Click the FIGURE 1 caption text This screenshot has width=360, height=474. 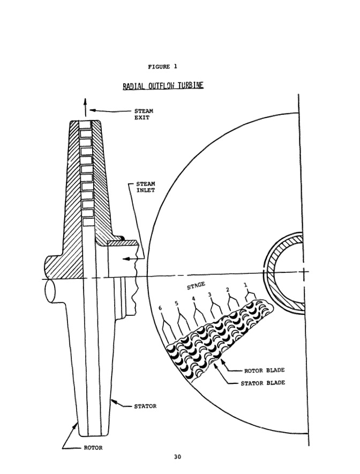(x=162, y=67)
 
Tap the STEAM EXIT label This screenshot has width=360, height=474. (x=144, y=114)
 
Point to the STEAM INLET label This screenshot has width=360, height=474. (x=145, y=187)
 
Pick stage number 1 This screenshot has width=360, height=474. (x=246, y=286)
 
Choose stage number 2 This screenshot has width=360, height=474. (x=228, y=290)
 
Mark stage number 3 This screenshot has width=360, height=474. (x=209, y=294)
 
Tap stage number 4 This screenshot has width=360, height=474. (x=193, y=299)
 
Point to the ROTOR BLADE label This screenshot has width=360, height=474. (x=264, y=370)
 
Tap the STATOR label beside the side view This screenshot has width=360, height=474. (x=145, y=406)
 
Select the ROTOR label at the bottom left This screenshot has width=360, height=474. (x=93, y=448)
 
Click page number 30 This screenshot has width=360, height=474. (x=177, y=457)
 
